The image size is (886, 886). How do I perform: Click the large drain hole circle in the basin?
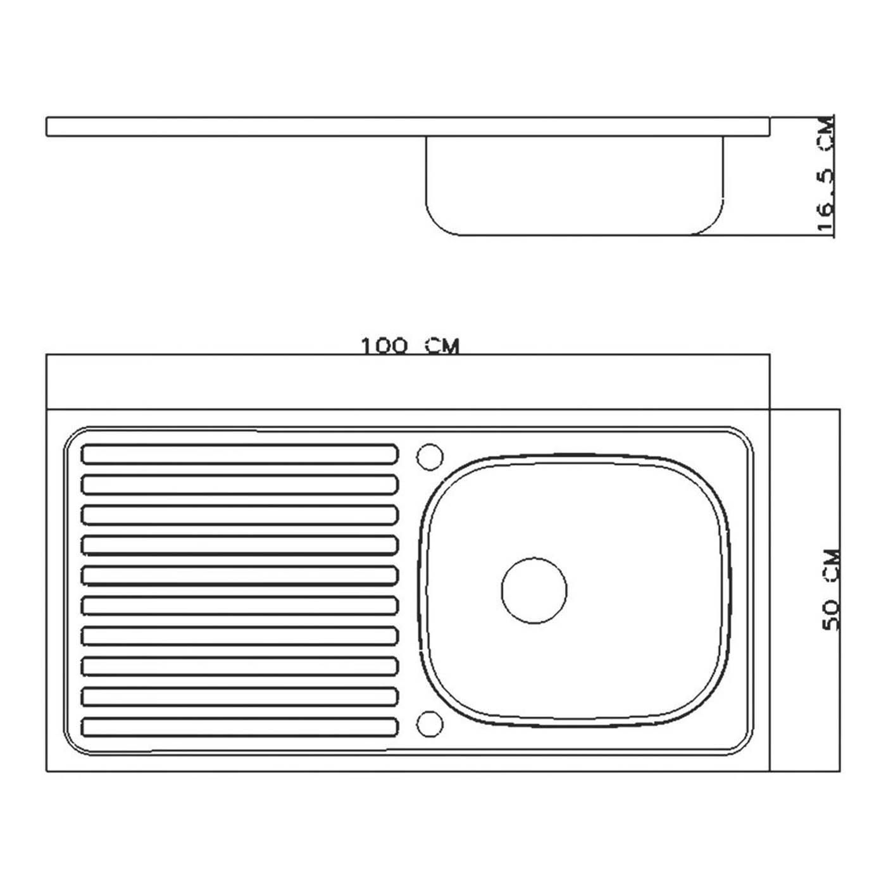[x=533, y=590]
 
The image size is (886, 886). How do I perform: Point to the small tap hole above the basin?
[x=430, y=457]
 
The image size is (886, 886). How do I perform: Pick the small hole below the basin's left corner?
[x=430, y=724]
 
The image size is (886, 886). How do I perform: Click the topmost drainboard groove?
[x=240, y=454]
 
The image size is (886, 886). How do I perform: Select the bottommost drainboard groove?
[x=240, y=727]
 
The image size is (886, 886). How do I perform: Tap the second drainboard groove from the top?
[x=240, y=485]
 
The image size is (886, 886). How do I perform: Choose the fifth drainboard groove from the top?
[x=240, y=576]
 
